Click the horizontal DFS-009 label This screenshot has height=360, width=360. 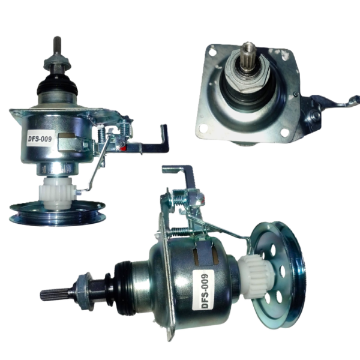click(40, 138)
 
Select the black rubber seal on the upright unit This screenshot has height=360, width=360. click(57, 85)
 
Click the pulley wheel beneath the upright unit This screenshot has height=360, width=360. click(58, 213)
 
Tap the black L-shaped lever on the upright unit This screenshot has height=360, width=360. click(155, 142)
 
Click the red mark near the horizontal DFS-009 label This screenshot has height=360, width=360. click(123, 148)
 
